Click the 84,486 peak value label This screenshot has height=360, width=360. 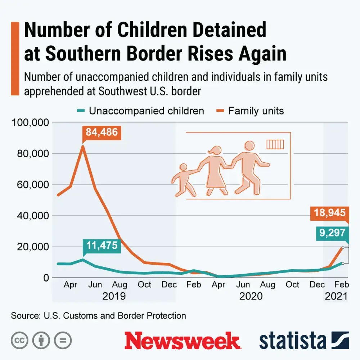point(102,132)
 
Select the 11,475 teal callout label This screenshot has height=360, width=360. point(102,246)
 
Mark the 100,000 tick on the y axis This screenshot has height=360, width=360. point(30,122)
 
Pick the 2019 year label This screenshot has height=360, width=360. point(114,296)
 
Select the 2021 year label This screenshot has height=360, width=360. point(336,296)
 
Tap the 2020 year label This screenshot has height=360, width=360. point(251,296)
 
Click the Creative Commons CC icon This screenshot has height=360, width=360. point(20,340)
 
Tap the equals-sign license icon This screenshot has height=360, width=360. point(63,340)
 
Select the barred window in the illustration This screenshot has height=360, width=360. point(275,144)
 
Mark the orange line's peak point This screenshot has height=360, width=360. point(83,146)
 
